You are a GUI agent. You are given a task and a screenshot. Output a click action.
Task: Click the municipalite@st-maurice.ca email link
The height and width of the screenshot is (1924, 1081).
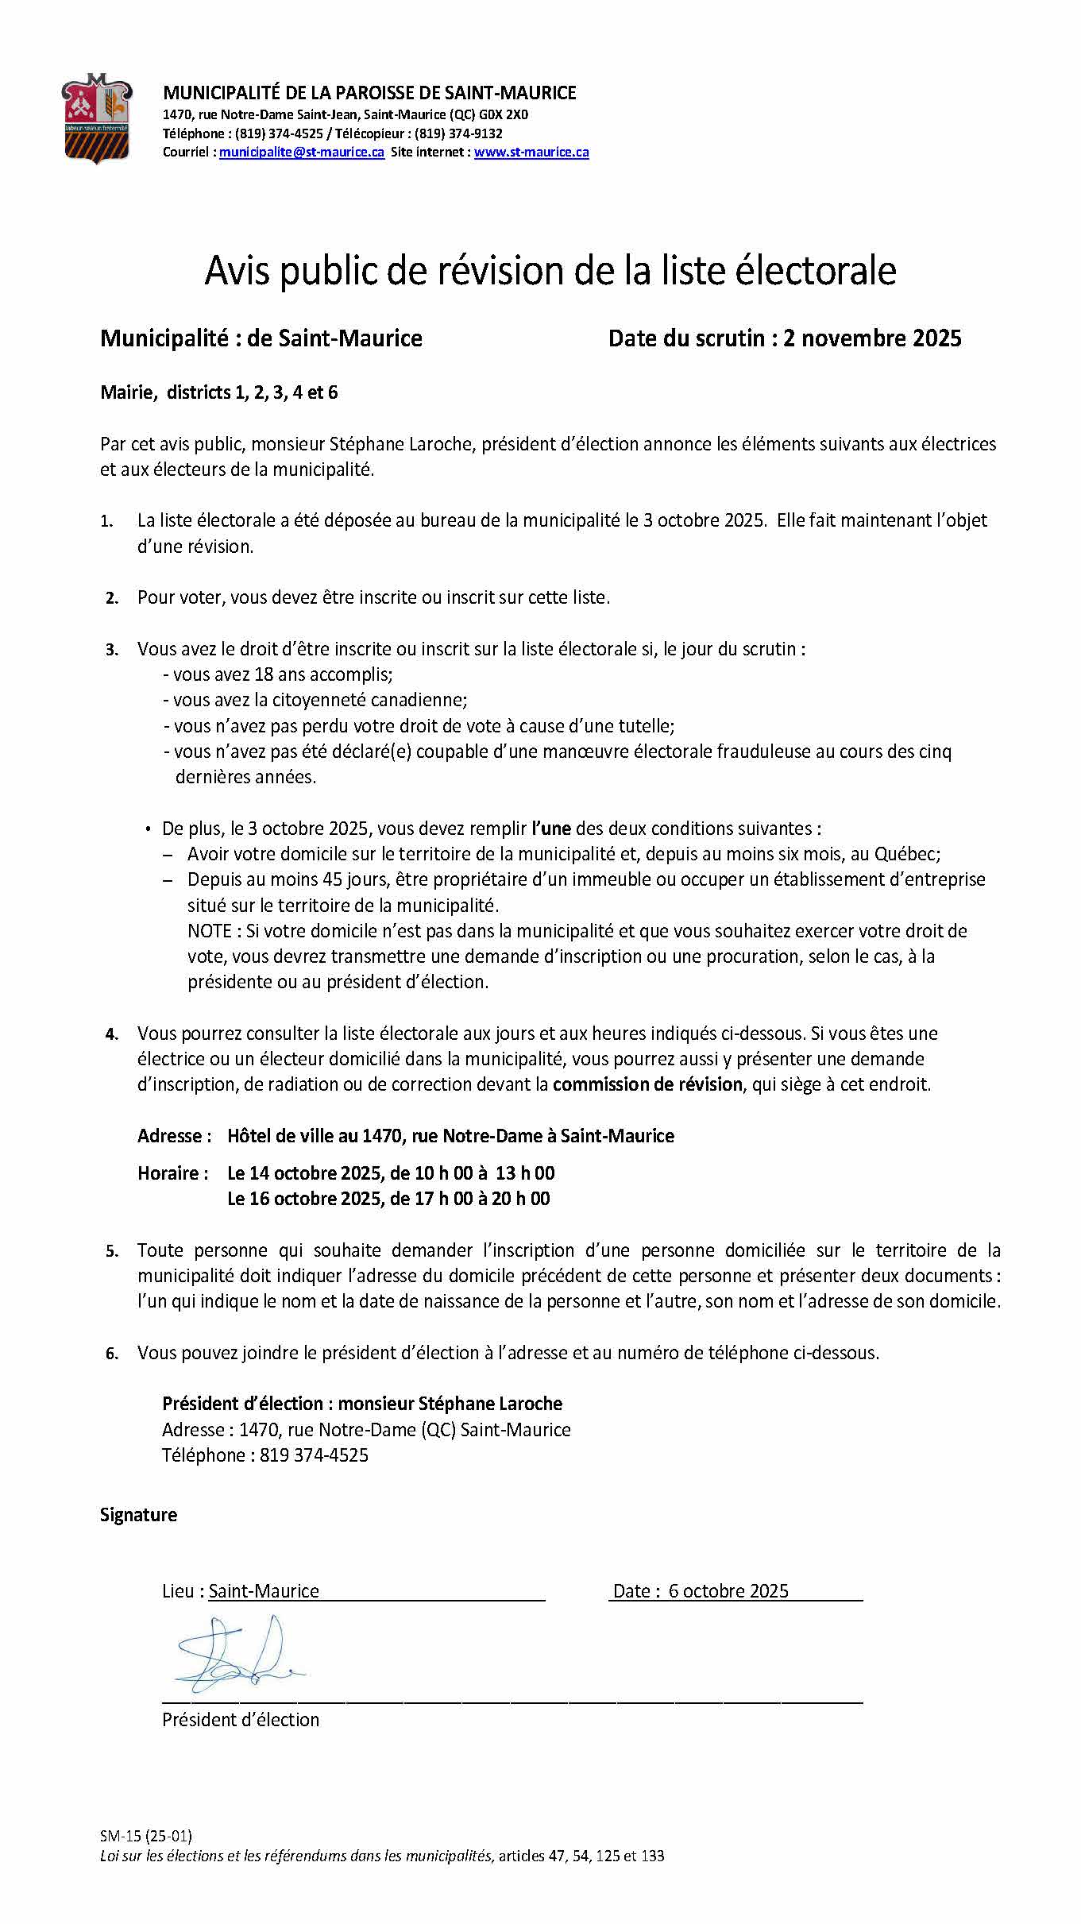click(302, 153)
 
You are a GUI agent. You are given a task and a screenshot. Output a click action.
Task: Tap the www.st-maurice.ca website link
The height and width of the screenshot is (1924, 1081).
click(531, 153)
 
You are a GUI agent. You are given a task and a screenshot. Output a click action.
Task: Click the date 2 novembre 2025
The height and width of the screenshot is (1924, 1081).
click(872, 338)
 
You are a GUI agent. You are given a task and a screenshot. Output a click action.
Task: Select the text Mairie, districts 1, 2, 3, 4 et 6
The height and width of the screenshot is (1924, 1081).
click(218, 392)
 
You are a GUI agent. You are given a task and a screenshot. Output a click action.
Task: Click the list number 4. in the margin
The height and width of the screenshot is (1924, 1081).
click(112, 1034)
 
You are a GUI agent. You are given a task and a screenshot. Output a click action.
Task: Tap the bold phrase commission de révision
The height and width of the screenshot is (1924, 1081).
click(647, 1084)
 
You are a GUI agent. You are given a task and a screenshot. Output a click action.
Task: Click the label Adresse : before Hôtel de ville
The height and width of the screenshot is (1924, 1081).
click(174, 1136)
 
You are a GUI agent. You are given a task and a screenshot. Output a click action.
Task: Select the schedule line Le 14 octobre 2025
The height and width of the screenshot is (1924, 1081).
click(391, 1173)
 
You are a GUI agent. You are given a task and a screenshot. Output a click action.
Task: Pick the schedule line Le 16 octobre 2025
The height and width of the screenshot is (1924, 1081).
click(388, 1199)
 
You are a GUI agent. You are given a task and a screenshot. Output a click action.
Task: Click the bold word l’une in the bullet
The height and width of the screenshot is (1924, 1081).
click(551, 829)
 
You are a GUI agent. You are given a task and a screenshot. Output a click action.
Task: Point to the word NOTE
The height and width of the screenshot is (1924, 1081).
click(209, 931)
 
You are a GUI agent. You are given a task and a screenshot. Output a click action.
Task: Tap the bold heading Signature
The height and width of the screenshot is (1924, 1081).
click(138, 1515)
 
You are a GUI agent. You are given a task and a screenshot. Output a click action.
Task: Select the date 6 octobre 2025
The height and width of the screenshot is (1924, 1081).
click(728, 1591)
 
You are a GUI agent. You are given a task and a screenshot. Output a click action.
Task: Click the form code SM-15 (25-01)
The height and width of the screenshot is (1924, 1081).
click(146, 1836)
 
